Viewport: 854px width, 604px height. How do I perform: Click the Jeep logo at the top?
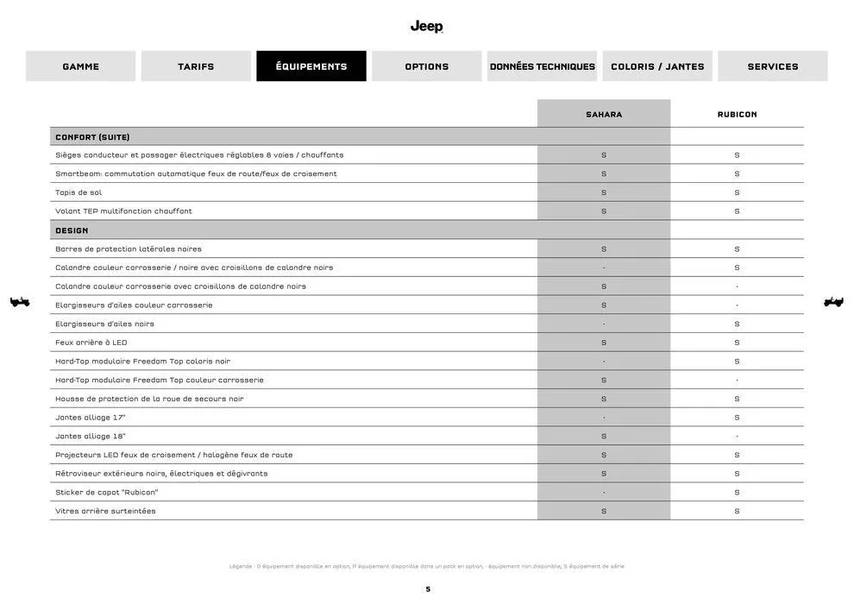point(426,27)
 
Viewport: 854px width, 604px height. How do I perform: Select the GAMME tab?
point(80,66)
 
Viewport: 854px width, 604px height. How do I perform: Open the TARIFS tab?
point(196,66)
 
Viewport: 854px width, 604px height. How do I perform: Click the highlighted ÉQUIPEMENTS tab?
point(311,66)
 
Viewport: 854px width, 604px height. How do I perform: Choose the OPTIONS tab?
point(427,66)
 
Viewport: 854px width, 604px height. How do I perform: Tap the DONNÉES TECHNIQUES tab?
point(542,66)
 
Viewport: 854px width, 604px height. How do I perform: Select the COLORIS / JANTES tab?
point(657,66)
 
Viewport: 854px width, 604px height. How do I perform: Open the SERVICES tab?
point(773,66)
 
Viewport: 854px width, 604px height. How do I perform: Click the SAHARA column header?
point(604,114)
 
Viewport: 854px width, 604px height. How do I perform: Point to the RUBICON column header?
point(737,114)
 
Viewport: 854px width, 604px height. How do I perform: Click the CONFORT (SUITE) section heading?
point(92,137)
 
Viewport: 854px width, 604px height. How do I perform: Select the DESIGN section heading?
point(72,230)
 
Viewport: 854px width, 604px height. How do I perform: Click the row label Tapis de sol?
point(78,192)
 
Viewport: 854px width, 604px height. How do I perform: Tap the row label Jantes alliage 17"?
point(90,418)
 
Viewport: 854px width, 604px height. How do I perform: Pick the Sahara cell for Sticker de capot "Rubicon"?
point(604,493)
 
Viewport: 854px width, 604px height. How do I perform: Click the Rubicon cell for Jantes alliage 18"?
point(737,437)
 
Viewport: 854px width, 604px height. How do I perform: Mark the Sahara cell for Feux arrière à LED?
point(604,343)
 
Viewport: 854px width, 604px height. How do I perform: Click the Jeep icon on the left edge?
point(20,302)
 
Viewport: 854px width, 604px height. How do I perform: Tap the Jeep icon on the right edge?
point(833,302)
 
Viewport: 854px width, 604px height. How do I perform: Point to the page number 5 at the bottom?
point(428,589)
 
